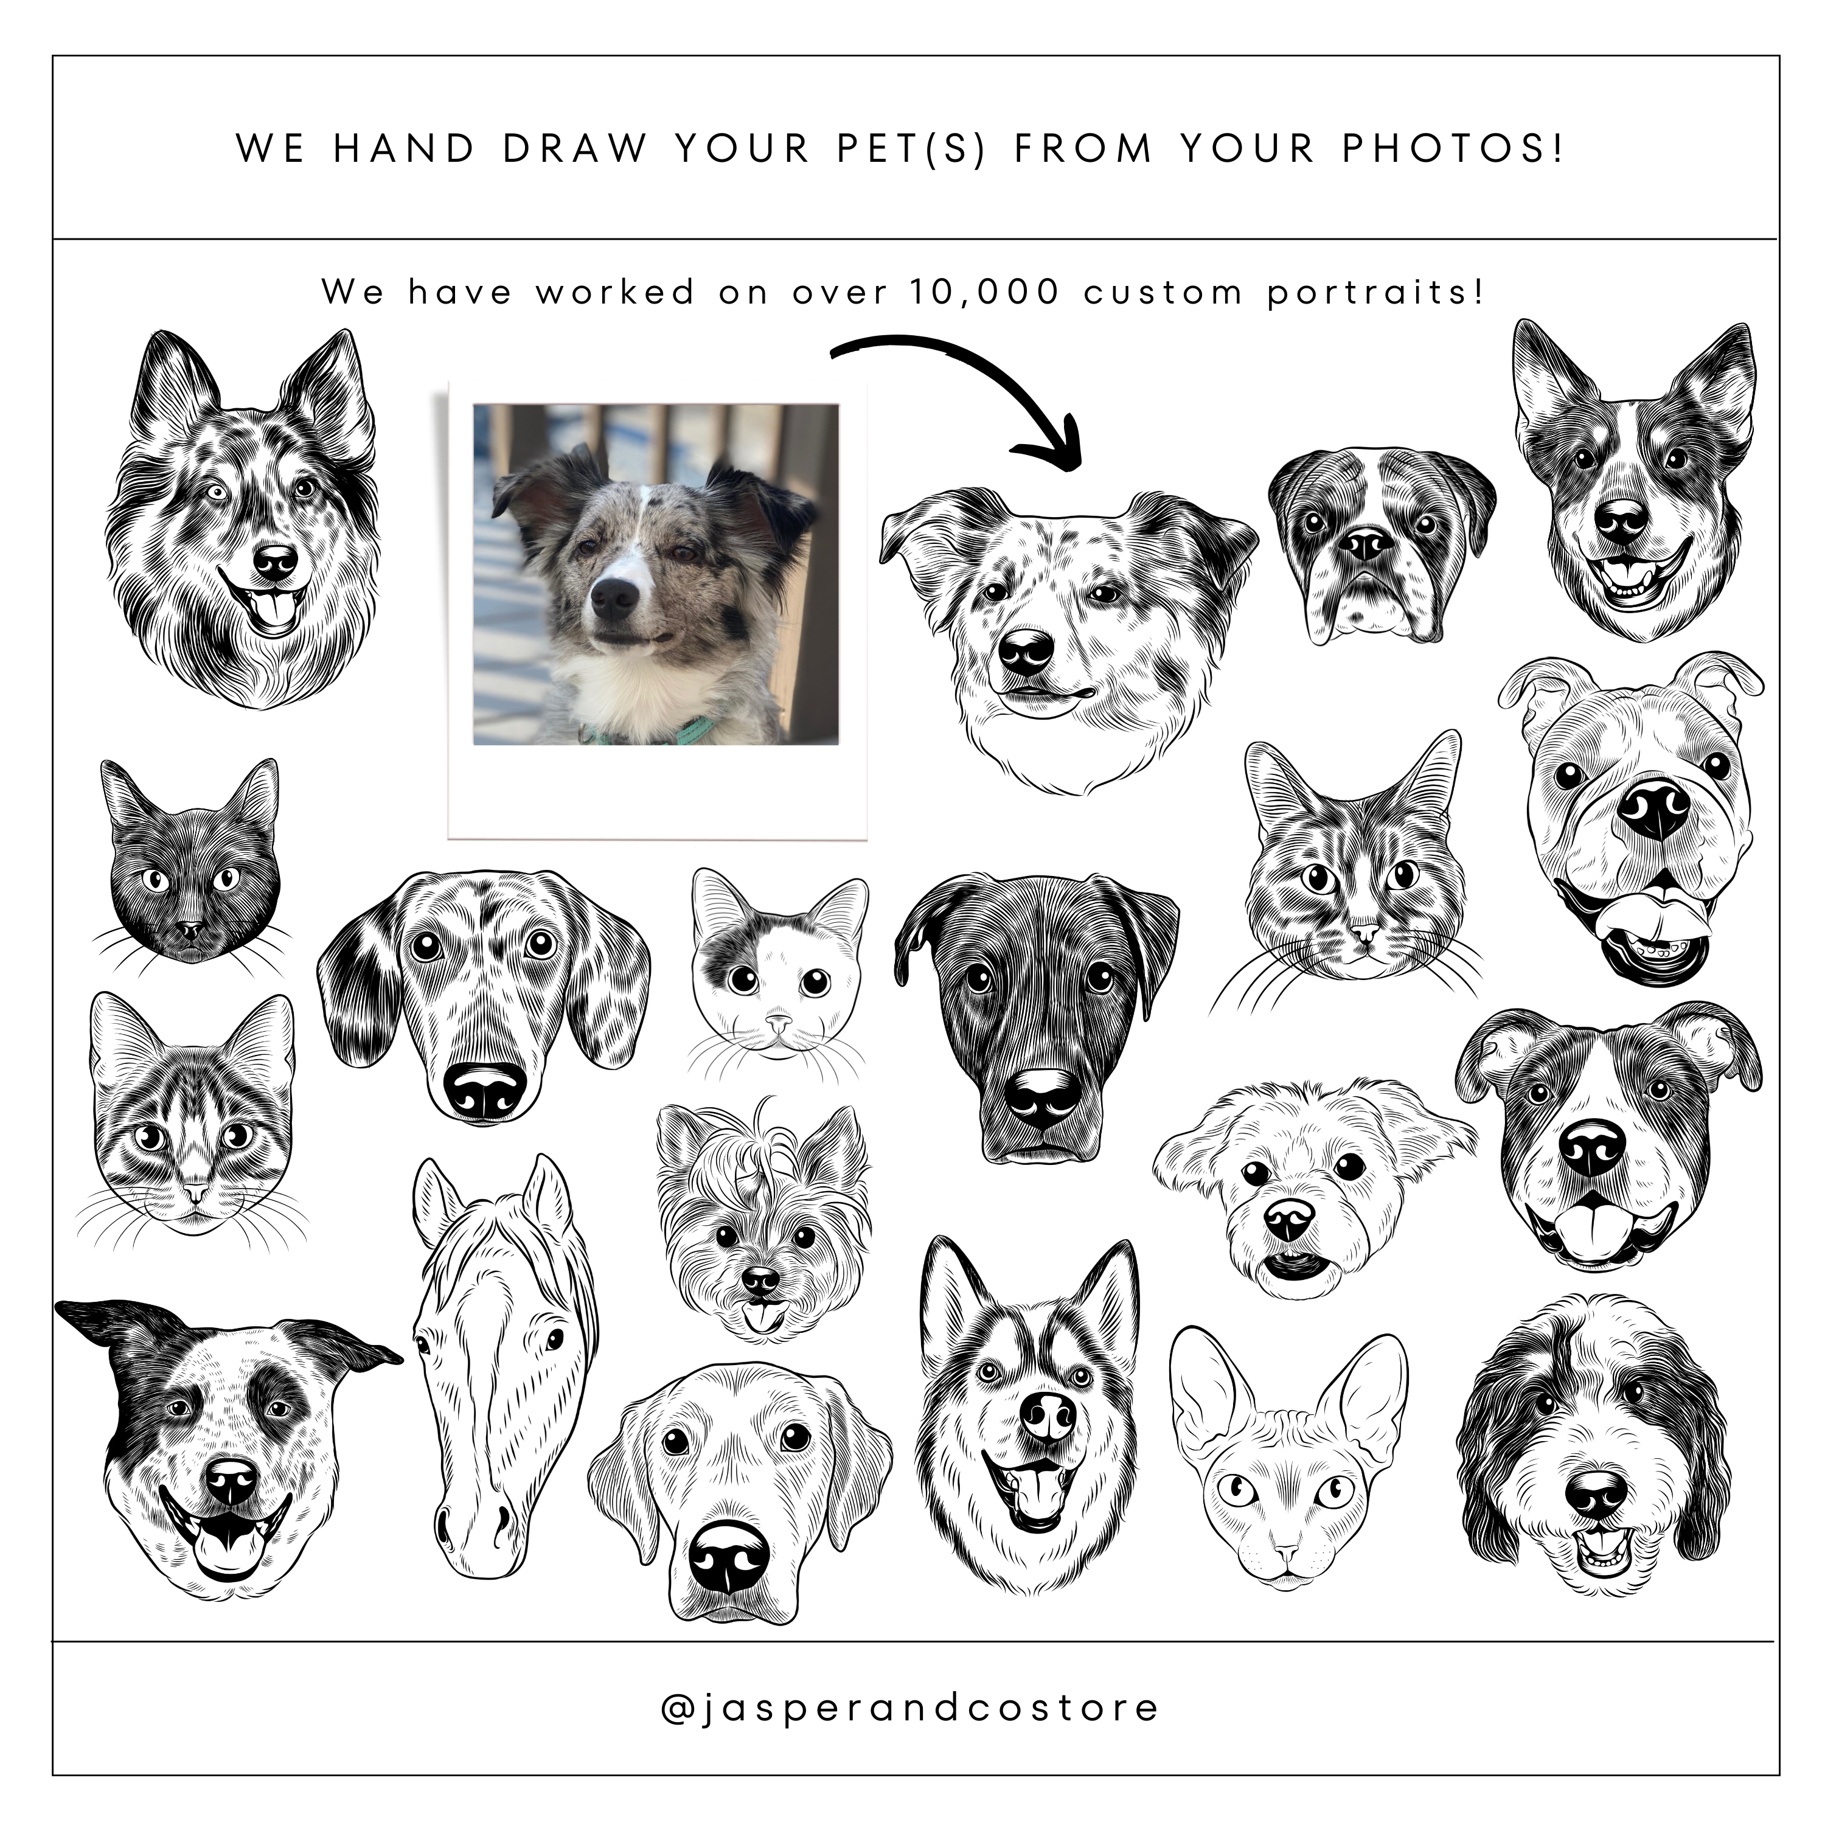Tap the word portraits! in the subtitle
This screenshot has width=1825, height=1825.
pos(1375,293)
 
